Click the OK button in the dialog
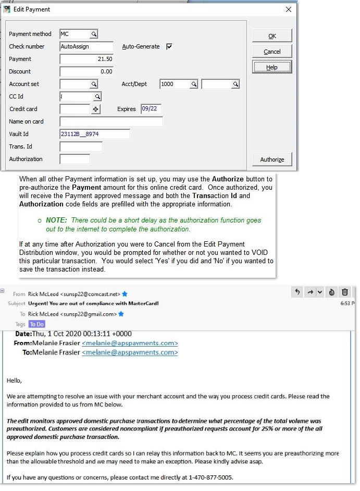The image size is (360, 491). (272, 36)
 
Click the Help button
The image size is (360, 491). (272, 67)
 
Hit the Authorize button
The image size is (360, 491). (272, 159)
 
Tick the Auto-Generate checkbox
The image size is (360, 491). (169, 46)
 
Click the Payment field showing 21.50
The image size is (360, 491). (86, 59)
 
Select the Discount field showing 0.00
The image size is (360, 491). (86, 71)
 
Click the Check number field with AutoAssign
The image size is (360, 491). (86, 46)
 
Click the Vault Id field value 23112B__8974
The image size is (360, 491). (94, 134)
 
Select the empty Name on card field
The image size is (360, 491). (111, 121)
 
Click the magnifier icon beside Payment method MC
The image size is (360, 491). (94, 34)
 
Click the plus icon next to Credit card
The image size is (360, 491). (95, 109)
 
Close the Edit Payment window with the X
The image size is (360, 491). (289, 9)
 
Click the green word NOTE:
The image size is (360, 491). (56, 220)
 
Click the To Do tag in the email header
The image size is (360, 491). (36, 324)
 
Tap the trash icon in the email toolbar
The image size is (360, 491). (344, 292)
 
